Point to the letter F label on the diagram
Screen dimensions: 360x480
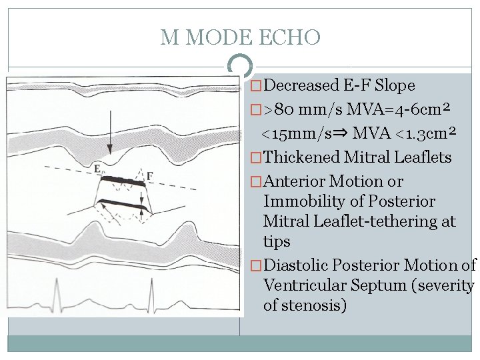(150, 176)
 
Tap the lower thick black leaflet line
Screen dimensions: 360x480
(123, 205)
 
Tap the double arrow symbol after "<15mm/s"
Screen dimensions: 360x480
(341, 133)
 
